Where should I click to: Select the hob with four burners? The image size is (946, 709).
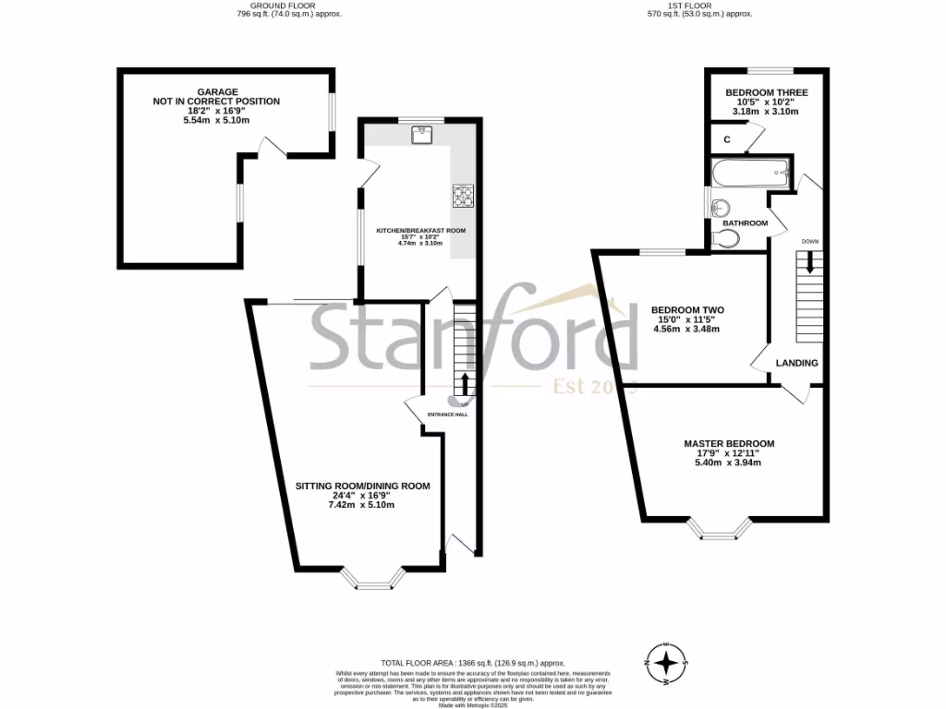click(461, 195)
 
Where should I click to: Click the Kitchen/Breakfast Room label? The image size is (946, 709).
click(420, 231)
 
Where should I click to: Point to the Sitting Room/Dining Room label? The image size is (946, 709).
click(362, 486)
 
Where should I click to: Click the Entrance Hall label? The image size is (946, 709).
click(447, 415)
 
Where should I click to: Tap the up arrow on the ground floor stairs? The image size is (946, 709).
click(464, 384)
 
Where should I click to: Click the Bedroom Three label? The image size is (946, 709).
click(766, 93)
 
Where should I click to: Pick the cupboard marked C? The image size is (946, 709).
click(728, 140)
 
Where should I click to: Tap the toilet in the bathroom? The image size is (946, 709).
click(727, 239)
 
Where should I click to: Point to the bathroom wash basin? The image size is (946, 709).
click(721, 206)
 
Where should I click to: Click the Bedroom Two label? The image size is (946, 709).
click(686, 310)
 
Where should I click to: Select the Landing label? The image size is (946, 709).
click(796, 363)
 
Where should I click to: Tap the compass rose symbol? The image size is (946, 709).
click(664, 662)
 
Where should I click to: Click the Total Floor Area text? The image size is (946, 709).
click(472, 663)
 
